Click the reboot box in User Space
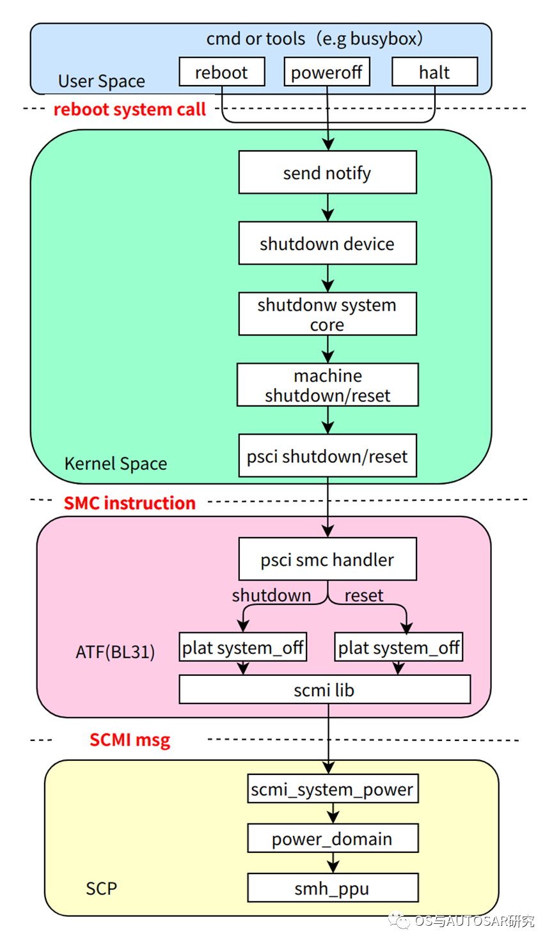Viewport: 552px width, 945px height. tap(221, 72)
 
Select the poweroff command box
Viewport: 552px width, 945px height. tap(327, 72)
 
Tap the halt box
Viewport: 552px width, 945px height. tap(434, 72)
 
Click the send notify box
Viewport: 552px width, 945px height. tap(327, 172)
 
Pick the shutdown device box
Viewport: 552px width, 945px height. tap(327, 243)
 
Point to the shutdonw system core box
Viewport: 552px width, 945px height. tap(327, 314)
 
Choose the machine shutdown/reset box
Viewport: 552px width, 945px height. tap(327, 385)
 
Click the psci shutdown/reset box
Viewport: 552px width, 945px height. tap(327, 456)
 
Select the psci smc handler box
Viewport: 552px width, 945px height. tap(327, 559)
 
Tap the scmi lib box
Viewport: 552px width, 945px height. tap(324, 689)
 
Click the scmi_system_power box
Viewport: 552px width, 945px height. tap(333, 789)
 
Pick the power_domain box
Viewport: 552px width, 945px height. tap(333, 838)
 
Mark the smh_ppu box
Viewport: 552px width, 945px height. tap(333, 888)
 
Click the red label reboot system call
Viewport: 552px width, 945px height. tap(130, 109)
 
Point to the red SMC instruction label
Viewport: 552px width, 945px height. tap(130, 503)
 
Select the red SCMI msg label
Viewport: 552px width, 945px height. tap(130, 740)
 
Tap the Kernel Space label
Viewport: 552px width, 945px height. tap(116, 464)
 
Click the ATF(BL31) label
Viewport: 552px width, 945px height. tap(115, 652)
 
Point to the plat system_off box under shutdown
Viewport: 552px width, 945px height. tap(242, 647)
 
